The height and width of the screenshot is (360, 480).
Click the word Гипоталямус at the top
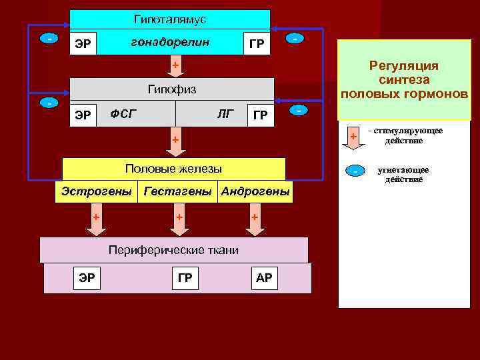click(x=170, y=19)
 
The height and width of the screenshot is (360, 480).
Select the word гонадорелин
click(x=170, y=42)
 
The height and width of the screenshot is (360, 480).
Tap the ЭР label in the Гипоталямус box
click(x=83, y=44)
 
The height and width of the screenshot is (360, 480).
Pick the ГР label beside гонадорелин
click(x=256, y=45)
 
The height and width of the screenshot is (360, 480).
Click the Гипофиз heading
click(x=171, y=89)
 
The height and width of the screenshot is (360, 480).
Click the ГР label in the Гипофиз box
click(x=261, y=115)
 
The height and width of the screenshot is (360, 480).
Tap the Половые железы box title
click(x=173, y=169)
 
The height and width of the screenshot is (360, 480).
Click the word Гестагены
click(x=179, y=191)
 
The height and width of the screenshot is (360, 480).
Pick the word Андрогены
click(x=255, y=191)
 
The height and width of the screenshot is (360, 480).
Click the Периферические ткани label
click(x=173, y=249)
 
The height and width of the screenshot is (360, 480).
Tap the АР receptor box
click(x=264, y=278)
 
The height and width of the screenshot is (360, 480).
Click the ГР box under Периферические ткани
click(x=184, y=278)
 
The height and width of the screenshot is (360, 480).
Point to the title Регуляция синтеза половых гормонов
click(x=404, y=79)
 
